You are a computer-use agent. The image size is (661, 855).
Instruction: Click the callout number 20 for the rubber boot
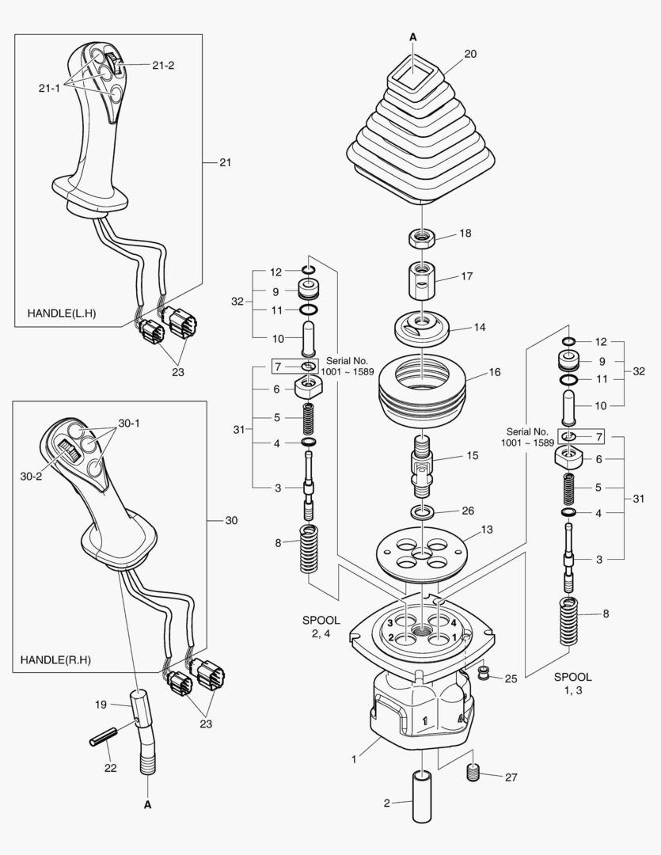click(x=470, y=55)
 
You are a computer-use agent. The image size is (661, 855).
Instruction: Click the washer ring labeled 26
click(x=422, y=511)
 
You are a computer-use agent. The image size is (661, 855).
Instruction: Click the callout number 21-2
click(x=163, y=65)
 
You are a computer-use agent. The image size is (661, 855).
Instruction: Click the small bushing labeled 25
click(x=481, y=674)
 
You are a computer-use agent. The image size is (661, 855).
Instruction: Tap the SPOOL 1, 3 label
click(x=572, y=684)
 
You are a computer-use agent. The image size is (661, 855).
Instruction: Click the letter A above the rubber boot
click(x=413, y=36)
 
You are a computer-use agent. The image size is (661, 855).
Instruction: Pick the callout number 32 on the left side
click(x=237, y=302)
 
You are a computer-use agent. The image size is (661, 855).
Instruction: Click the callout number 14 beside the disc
click(x=479, y=327)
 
